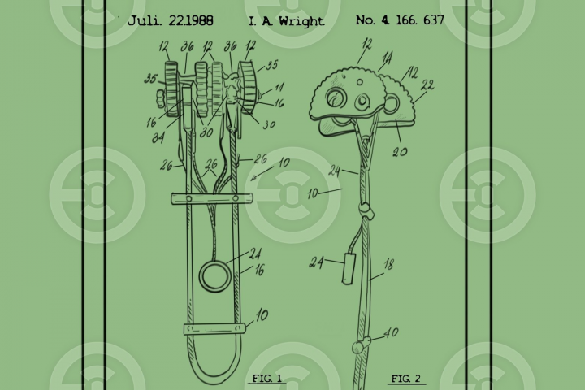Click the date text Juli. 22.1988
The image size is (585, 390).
pos(170,20)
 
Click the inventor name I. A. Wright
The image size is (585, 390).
pos(286,21)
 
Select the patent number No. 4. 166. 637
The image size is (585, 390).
pos(400,19)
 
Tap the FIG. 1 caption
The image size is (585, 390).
pos(267,378)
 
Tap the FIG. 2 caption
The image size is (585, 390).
pos(406,379)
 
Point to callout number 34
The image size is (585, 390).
pos(158,138)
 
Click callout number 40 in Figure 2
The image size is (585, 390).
pos(391,332)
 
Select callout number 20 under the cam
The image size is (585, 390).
pos(400,151)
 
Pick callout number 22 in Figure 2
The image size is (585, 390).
pos(427,85)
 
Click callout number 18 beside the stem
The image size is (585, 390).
pos(388,265)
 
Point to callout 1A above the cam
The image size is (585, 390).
pos(388,58)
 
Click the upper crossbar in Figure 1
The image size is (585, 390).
pos(212,198)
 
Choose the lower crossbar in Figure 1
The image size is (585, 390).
pos(214,329)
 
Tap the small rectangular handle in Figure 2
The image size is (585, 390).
pos(349,269)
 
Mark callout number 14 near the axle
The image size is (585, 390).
pos(279,87)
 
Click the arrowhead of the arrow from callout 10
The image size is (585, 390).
pos(253,179)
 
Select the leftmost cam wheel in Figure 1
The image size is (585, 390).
pos(172,89)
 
